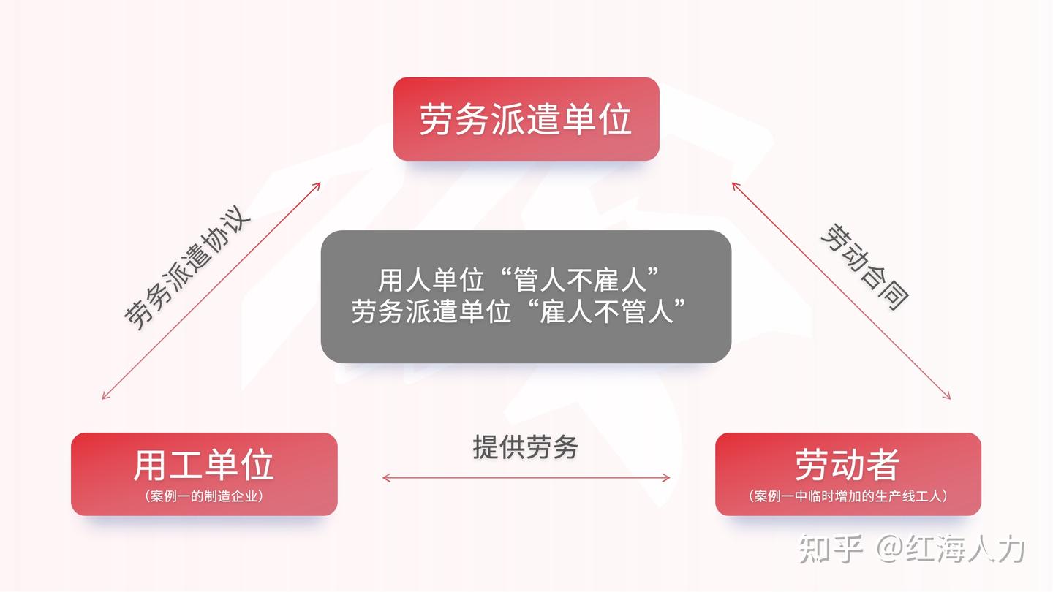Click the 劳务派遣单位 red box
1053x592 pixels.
526,118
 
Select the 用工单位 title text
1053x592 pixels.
203,465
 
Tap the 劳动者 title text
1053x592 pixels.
847,465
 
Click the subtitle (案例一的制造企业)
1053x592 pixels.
204,496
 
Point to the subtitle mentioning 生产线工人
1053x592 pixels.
848,496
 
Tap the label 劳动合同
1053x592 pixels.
865,267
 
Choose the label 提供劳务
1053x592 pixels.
525,447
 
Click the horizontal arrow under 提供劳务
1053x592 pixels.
526,478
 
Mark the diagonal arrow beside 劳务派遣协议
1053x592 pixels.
211,290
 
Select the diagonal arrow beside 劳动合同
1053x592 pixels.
841,290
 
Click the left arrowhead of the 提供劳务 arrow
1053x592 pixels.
385,478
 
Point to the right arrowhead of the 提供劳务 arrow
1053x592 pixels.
667,478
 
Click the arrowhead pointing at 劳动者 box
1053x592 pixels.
948,397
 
